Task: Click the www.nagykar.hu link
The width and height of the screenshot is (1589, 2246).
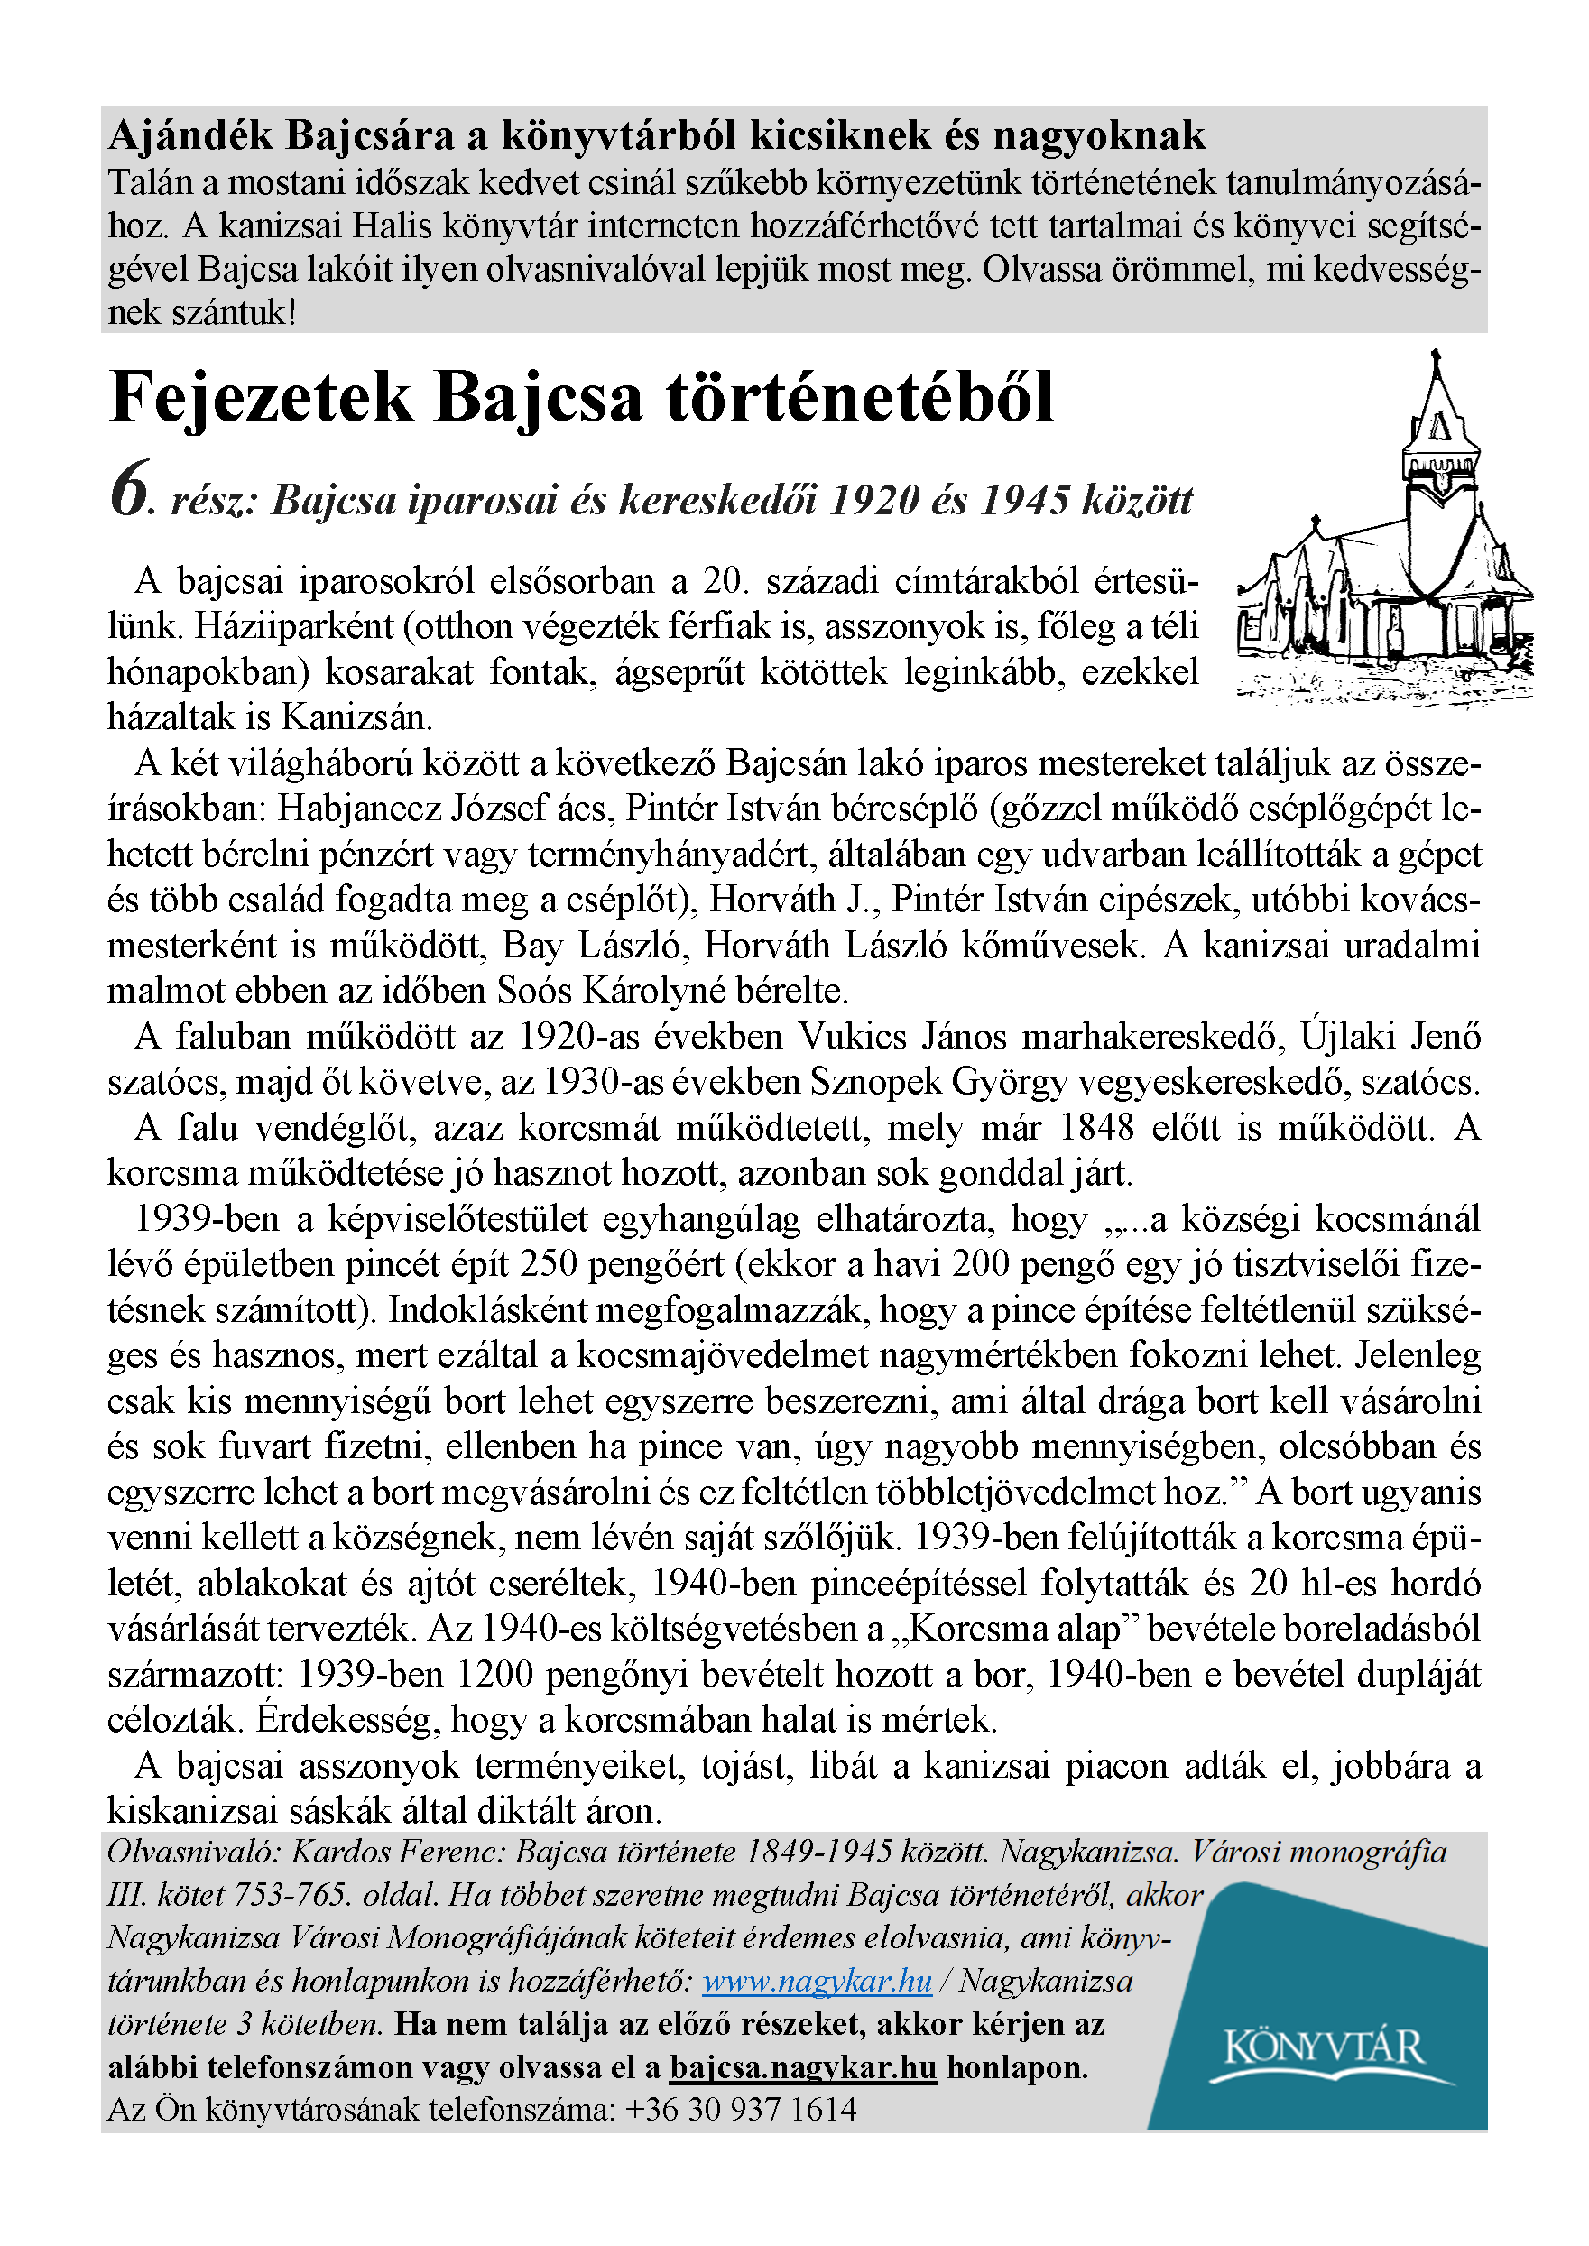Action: click(817, 1982)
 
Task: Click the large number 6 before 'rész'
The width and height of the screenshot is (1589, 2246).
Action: click(130, 489)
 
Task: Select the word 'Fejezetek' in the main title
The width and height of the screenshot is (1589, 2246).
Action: click(262, 398)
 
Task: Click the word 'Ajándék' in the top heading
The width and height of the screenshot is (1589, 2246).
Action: click(190, 136)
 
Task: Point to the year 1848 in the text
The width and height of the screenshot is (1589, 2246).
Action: click(1097, 1128)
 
